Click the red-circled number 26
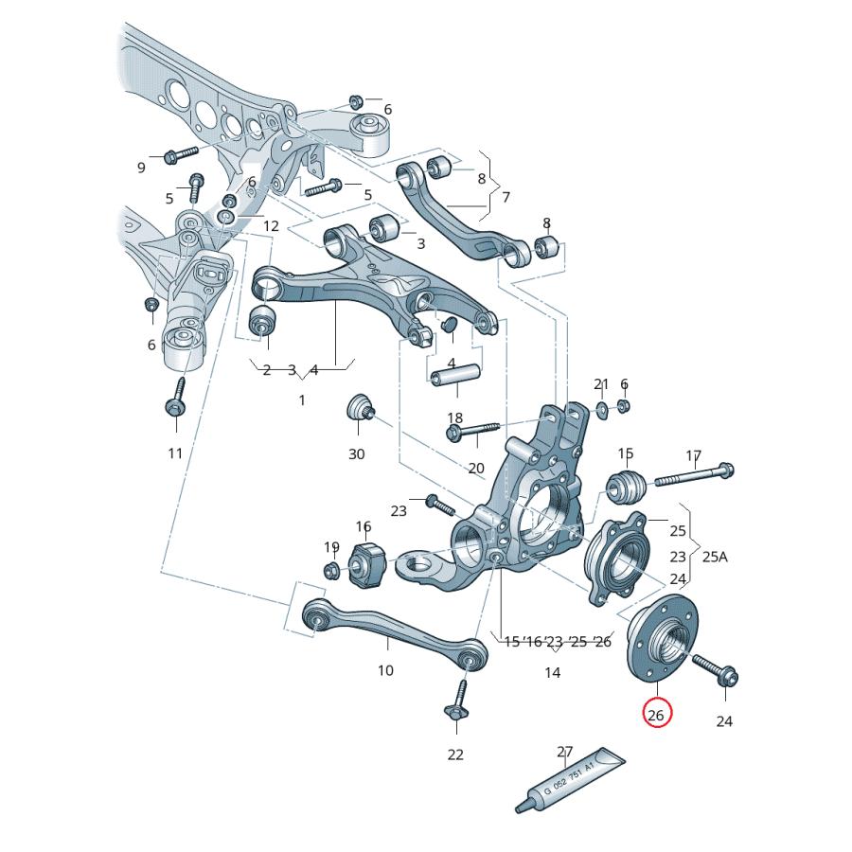(656, 714)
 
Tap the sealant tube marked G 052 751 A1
(572, 780)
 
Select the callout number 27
(565, 753)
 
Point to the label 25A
(715, 557)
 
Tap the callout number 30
(356, 454)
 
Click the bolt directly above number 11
(175, 399)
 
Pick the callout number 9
(141, 168)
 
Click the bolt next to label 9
(180, 152)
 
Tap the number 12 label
(271, 226)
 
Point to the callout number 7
(506, 197)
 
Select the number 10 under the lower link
(385, 670)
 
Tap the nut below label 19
(332, 570)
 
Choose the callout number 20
(475, 468)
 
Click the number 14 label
(552, 673)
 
